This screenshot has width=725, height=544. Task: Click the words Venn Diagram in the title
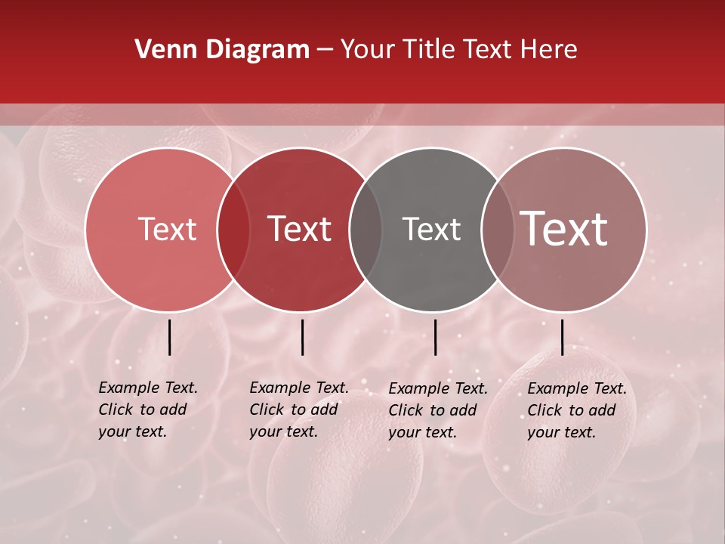pyautogui.click(x=222, y=50)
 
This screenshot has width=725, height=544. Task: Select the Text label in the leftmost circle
pyautogui.click(x=167, y=229)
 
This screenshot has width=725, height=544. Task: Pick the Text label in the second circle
pyautogui.click(x=300, y=229)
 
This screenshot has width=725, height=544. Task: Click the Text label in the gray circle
pyautogui.click(x=431, y=229)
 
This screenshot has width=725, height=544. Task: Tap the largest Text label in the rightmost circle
pyautogui.click(x=564, y=229)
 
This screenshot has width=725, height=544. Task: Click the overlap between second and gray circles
pyautogui.click(x=366, y=229)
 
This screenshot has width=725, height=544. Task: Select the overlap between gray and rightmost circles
pyautogui.click(x=498, y=229)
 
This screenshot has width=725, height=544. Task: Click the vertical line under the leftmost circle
pyautogui.click(x=169, y=337)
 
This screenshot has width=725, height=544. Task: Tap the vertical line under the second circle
pyautogui.click(x=302, y=337)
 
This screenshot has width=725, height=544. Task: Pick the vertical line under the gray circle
pyautogui.click(x=435, y=337)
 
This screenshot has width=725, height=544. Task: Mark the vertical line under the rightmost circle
pyautogui.click(x=562, y=337)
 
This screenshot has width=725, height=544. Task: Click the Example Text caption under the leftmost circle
pyautogui.click(x=147, y=410)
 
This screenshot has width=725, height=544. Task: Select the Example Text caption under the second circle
pyautogui.click(x=298, y=410)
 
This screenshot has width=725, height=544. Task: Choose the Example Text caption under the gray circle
pyautogui.click(x=437, y=410)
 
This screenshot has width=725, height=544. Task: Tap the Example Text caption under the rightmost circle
pyautogui.click(x=576, y=410)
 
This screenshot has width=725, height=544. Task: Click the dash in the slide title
pyautogui.click(x=325, y=50)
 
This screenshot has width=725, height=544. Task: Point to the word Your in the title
pyautogui.click(x=367, y=50)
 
